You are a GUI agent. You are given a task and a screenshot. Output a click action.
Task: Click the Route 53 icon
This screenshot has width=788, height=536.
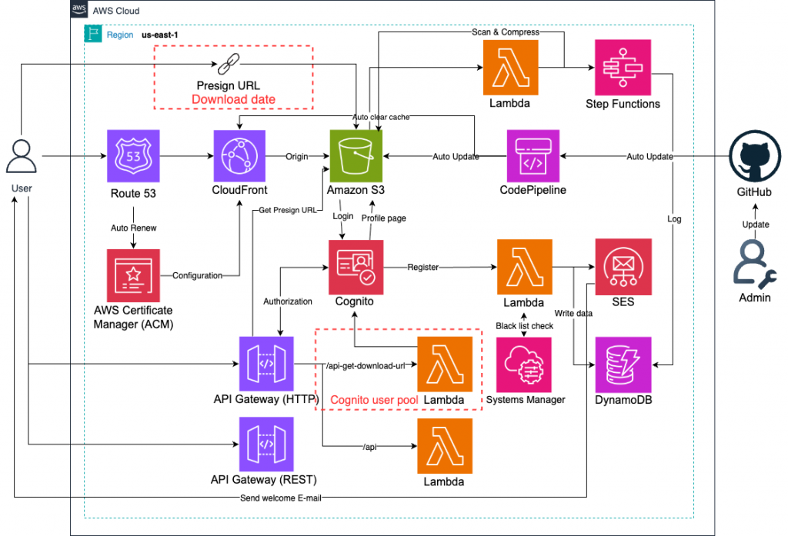(x=134, y=156)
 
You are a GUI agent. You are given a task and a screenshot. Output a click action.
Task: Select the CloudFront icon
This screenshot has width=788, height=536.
(x=239, y=156)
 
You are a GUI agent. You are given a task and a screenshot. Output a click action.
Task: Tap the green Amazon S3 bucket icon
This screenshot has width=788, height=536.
(x=356, y=156)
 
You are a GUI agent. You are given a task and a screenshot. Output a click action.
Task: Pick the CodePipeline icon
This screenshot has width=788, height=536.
(x=533, y=156)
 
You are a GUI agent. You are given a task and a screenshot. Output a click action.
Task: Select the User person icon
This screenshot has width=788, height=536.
(x=22, y=157)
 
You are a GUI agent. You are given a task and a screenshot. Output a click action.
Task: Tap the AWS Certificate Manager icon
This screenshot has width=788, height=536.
(x=134, y=275)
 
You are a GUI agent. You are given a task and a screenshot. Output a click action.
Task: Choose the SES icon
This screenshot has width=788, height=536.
(x=623, y=265)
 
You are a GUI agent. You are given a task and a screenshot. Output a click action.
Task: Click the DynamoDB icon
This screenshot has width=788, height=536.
(x=623, y=363)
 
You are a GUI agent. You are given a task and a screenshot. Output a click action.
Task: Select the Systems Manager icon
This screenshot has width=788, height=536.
(x=526, y=363)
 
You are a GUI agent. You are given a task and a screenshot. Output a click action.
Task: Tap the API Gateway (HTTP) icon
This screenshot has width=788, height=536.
(x=265, y=363)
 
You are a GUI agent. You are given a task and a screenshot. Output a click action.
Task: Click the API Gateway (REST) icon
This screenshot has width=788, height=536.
(x=265, y=444)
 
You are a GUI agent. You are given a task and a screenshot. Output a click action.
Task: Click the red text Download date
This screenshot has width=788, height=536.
(x=233, y=99)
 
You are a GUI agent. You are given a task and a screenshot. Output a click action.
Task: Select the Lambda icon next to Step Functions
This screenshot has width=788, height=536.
(x=509, y=67)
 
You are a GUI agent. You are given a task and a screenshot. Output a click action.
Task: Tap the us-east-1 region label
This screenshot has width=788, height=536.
(x=160, y=36)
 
